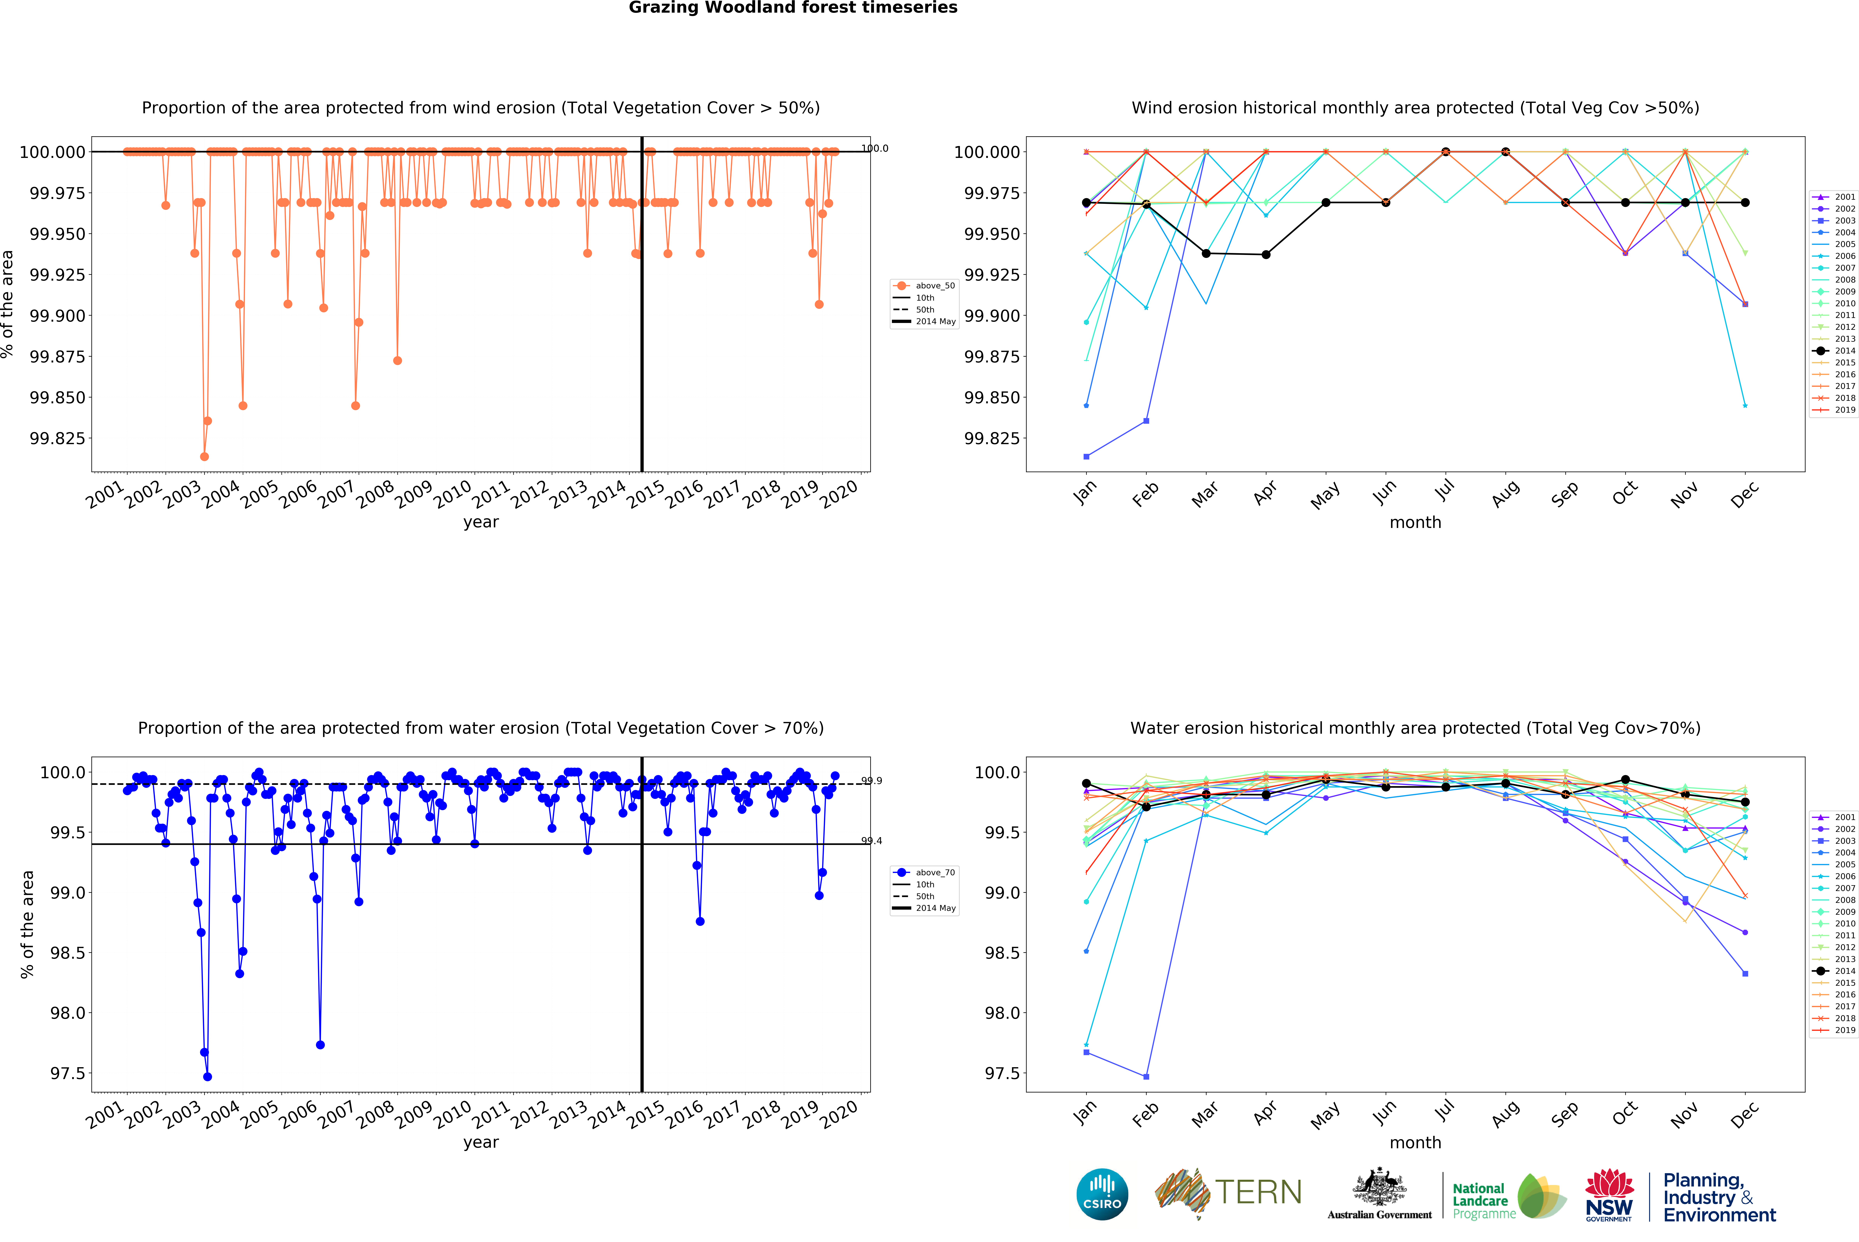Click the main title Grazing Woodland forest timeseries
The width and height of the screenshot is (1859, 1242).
793,8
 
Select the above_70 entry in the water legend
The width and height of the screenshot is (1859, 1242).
935,872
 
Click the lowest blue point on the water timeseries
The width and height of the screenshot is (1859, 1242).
208,1077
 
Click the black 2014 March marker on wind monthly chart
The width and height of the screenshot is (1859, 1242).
1206,253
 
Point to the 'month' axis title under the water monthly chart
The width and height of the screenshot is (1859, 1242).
1415,1142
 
